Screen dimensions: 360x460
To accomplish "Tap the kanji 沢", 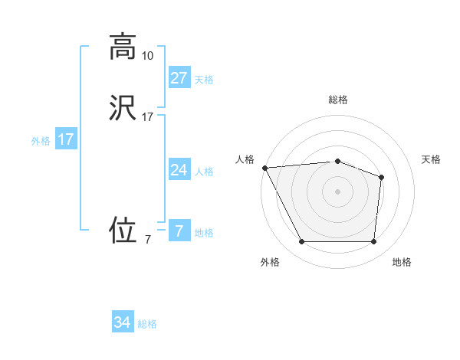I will pos(123,108).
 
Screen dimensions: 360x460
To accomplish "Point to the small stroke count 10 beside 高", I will pos(147,55).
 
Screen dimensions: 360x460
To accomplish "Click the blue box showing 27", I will pos(179,77).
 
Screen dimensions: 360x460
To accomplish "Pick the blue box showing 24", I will pos(179,169).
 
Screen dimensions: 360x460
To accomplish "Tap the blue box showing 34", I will pos(123,322).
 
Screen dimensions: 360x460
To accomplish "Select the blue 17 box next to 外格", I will pos(66,139).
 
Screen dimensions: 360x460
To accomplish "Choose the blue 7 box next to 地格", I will pos(179,231).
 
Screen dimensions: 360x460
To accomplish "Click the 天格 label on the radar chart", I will pos(432,159).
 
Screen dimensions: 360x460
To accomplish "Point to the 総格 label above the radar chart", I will pos(338,100).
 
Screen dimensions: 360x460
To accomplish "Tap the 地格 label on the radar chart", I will pos(402,262).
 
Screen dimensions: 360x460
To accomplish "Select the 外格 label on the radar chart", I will pos(270,262).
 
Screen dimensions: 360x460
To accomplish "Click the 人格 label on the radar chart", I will pos(245,159).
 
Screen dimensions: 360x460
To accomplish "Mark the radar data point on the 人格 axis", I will pos(264,168).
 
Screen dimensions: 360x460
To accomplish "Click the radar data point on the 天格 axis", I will pos(381,177).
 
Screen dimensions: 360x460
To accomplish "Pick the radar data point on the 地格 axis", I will pos(373,242).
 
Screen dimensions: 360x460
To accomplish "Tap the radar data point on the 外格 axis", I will pos(301,242).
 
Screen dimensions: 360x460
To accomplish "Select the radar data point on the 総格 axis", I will pos(337,161).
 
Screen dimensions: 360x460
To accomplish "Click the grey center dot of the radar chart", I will pos(337,191).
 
